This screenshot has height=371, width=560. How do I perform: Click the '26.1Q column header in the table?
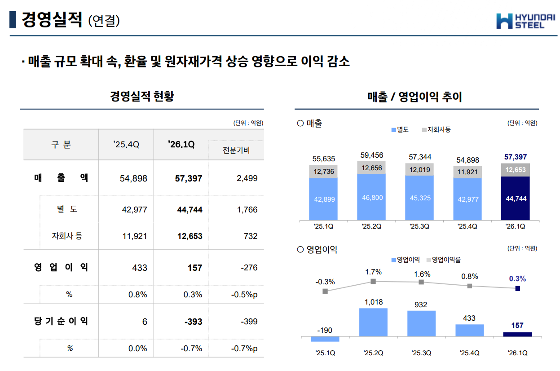[181, 145]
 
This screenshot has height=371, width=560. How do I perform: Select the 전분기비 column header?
[236, 150]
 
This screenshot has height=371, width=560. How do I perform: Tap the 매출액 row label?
[61, 178]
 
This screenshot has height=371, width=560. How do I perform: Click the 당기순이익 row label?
[61, 321]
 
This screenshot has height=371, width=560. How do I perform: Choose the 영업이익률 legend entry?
[443, 260]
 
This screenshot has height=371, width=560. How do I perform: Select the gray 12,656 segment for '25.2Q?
[371, 168]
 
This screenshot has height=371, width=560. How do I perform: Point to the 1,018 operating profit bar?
[373, 322]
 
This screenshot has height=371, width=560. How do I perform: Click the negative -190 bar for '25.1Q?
[325, 339]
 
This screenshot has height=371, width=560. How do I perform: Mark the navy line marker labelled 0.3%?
[517, 288]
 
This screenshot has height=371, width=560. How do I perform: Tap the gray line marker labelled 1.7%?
[373, 282]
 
